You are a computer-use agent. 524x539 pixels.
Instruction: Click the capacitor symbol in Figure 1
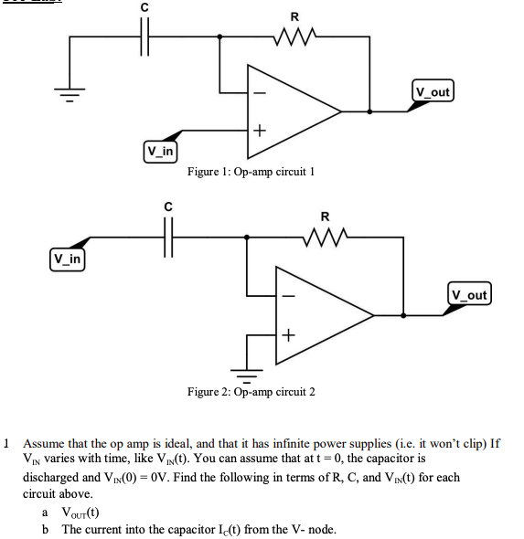(144, 37)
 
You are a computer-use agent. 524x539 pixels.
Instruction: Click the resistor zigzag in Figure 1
(294, 37)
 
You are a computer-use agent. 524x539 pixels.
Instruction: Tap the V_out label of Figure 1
(433, 91)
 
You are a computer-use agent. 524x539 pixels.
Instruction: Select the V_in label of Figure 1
(160, 149)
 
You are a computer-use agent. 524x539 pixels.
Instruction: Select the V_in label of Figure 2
(67, 259)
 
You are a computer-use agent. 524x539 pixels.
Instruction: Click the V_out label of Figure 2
(468, 294)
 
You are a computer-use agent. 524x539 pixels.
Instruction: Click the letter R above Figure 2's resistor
(326, 217)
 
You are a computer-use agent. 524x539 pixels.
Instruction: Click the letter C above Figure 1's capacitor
(143, 8)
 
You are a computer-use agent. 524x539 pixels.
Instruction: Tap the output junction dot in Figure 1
(369, 112)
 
